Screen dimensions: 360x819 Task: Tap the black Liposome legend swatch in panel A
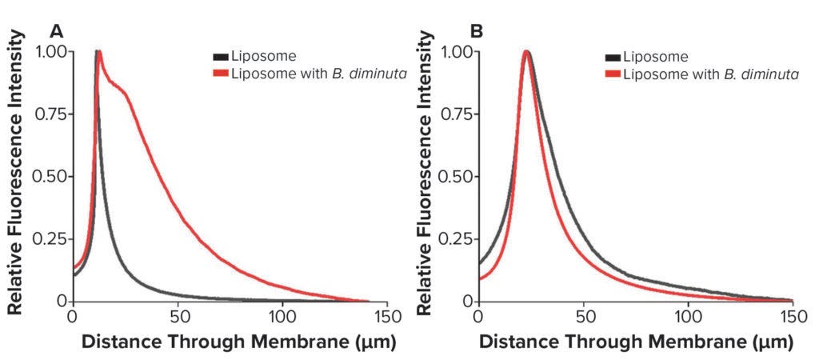pyautogui.click(x=220, y=57)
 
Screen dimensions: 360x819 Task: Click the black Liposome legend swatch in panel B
pyautogui.click(x=613, y=57)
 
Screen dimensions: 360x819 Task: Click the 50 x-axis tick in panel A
pyautogui.click(x=178, y=315)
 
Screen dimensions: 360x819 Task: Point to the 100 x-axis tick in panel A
pyautogui.click(x=282, y=315)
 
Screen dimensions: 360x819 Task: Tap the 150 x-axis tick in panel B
pyautogui.click(x=792, y=315)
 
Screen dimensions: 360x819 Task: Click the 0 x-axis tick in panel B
pyautogui.click(x=477, y=315)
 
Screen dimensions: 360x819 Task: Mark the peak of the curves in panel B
pyautogui.click(x=526, y=53)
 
